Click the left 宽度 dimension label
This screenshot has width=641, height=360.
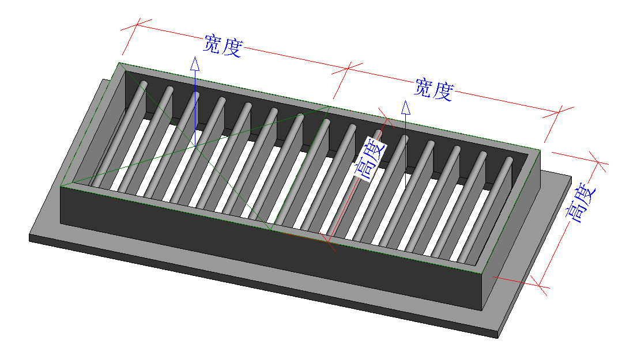point(223,45)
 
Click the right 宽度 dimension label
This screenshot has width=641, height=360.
point(434,89)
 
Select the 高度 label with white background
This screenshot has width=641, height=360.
point(370,159)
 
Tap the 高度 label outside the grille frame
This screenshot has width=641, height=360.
point(581,203)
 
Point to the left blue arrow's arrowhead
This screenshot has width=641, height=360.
point(195,64)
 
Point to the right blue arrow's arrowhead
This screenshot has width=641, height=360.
point(406,108)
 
